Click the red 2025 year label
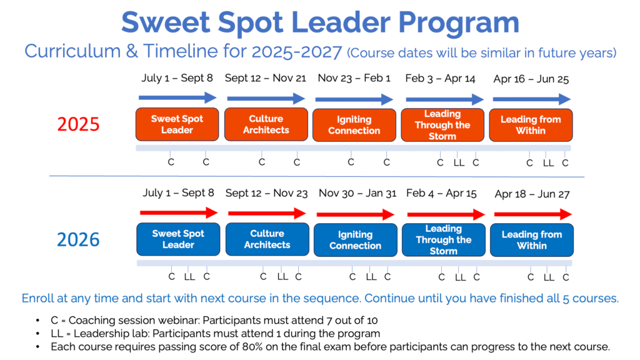coord(78,124)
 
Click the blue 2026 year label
coord(78,239)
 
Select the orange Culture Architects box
coord(266,124)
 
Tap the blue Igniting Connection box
coord(356,240)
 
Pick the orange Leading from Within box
coord(531,125)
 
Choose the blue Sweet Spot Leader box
coord(178,239)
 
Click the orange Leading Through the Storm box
coord(442,125)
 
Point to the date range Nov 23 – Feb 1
coord(354,78)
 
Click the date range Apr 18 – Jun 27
coord(532,194)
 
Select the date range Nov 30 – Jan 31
coord(357,193)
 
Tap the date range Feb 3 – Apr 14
coord(440,78)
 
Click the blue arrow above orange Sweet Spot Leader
coord(177,97)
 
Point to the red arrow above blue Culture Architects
coord(267,213)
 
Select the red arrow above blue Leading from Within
coord(533,214)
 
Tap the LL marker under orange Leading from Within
coord(548,163)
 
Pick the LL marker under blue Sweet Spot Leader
coord(189,277)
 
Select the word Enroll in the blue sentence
coord(37,298)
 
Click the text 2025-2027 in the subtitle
coord(297,52)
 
